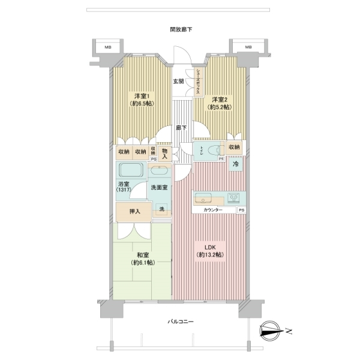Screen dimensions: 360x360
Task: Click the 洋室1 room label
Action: coord(140,96)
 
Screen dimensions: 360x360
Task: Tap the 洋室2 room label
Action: coord(220,100)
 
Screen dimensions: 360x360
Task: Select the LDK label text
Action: coord(210,247)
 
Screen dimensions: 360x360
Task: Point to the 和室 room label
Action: coord(143,255)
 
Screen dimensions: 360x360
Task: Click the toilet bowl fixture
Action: coord(214,151)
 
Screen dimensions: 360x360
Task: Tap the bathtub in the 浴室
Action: coord(131,170)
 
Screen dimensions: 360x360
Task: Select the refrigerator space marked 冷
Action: coord(236,164)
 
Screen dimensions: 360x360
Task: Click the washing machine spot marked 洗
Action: coord(162,209)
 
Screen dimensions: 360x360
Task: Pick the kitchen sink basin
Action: coord(203,199)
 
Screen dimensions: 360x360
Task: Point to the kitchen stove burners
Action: coord(233,198)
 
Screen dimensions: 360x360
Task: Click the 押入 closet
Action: coord(134,212)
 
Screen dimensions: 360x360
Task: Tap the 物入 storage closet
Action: coord(164,154)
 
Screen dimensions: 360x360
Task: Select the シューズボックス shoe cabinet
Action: coord(197,81)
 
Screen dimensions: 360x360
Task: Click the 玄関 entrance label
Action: coord(178,81)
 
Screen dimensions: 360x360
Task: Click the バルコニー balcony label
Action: coord(180,322)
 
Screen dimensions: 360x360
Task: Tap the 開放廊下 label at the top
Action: coord(181,29)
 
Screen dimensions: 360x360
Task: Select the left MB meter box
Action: coord(108,47)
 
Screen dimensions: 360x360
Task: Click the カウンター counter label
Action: coord(213,210)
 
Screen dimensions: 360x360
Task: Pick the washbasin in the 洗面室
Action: coord(160,170)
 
